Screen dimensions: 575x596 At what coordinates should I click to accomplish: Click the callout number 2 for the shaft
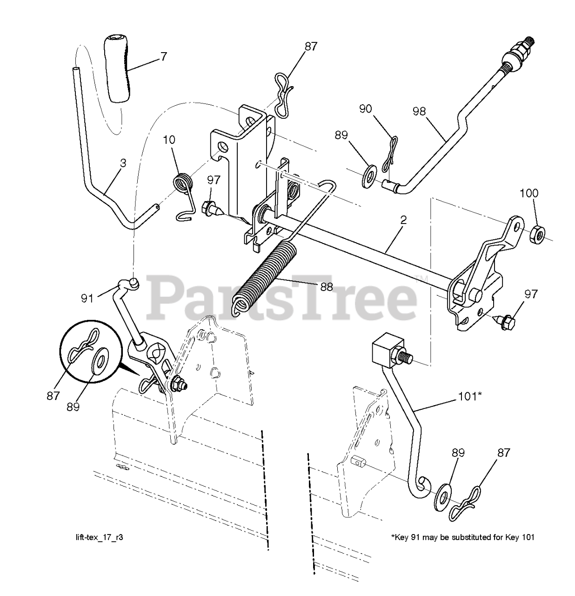(403, 220)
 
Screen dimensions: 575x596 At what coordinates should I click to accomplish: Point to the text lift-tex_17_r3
(96, 537)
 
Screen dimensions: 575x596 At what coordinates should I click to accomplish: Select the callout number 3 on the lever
(123, 163)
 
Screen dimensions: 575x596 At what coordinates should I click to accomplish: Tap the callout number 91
(87, 298)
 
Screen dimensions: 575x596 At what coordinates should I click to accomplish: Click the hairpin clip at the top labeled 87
(282, 96)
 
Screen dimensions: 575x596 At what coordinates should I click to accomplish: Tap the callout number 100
(531, 193)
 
